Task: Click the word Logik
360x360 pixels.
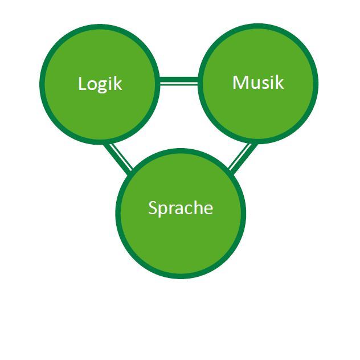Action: click(100, 84)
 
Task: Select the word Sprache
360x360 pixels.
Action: click(180, 208)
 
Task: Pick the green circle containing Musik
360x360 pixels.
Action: click(258, 111)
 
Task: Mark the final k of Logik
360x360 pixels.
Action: click(118, 84)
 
